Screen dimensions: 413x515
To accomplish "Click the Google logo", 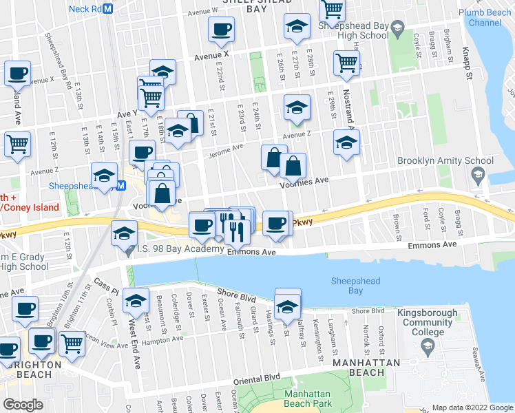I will pyautogui.click(x=23, y=405).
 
